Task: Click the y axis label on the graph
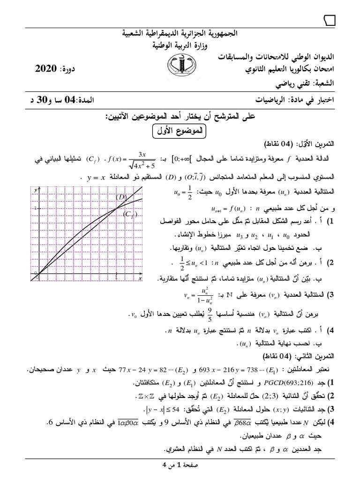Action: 36,190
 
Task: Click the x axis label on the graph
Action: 140,278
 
